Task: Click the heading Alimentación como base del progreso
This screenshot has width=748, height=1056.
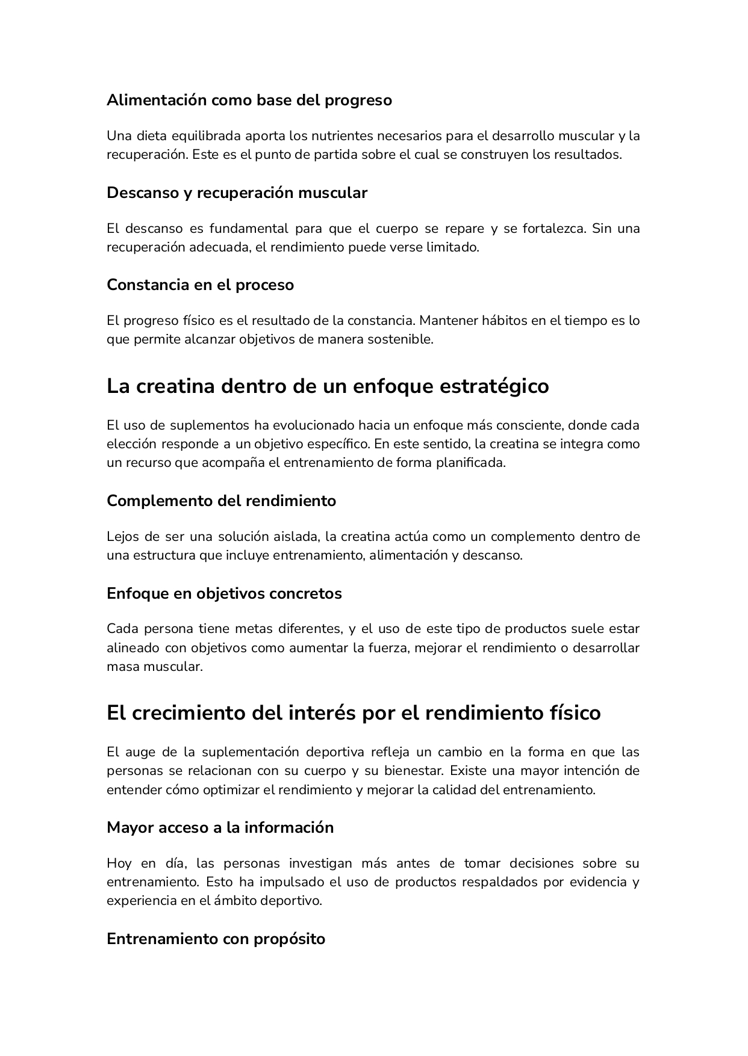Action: tap(249, 100)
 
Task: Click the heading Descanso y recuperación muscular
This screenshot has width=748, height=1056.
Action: tap(237, 193)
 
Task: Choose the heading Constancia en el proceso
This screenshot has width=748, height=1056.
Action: tap(200, 285)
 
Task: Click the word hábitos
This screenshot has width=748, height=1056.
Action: tap(505, 321)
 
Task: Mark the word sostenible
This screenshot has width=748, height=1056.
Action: tap(401, 339)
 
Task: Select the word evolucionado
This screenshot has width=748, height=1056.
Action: tap(313, 425)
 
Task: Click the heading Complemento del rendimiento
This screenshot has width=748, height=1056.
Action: tap(221, 501)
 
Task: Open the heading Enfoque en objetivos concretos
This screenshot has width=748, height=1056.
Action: tap(224, 593)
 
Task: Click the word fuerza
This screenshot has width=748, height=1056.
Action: tap(388, 648)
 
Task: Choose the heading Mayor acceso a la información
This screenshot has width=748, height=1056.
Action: tap(220, 827)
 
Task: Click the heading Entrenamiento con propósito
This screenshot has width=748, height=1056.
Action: tap(216, 939)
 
